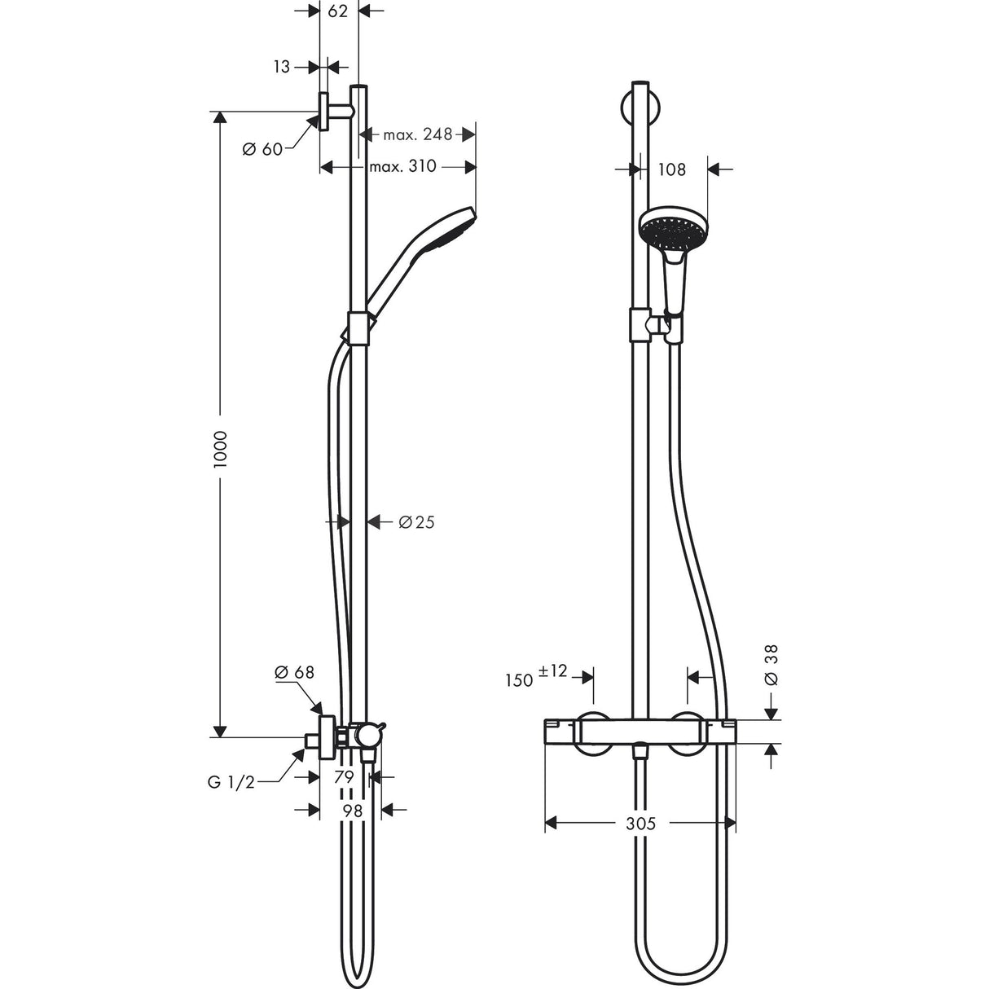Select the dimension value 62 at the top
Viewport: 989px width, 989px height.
[339, 11]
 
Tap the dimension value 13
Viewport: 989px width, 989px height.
[282, 68]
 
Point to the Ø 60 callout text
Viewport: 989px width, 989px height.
[262, 149]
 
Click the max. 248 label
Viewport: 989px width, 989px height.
[417, 134]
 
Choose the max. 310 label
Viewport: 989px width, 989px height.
[402, 167]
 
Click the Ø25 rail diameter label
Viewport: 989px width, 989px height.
[416, 522]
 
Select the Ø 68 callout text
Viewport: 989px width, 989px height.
[294, 672]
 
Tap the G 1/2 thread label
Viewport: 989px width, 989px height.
[231, 782]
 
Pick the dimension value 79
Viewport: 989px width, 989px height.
[344, 778]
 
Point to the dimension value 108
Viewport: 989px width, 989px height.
[671, 169]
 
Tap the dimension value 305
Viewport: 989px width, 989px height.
[641, 824]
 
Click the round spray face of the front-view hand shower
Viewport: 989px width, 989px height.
[674, 229]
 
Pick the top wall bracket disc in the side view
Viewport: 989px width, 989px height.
[323, 112]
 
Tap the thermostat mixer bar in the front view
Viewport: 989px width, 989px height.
[640, 731]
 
